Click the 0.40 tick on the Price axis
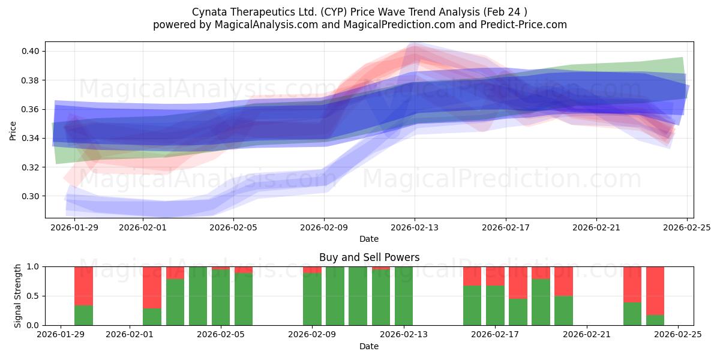31,52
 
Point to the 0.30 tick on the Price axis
31,196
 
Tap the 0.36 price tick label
31,110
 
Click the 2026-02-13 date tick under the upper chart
415,227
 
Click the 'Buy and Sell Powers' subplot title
369,258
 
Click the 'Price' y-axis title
13,130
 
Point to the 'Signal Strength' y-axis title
18,296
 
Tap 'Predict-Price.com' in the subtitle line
522,25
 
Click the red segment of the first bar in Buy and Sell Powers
83,286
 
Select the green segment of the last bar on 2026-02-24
655,320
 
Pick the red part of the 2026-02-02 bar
152,287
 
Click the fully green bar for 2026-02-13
404,296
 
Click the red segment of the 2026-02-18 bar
518,283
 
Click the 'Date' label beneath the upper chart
369,239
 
